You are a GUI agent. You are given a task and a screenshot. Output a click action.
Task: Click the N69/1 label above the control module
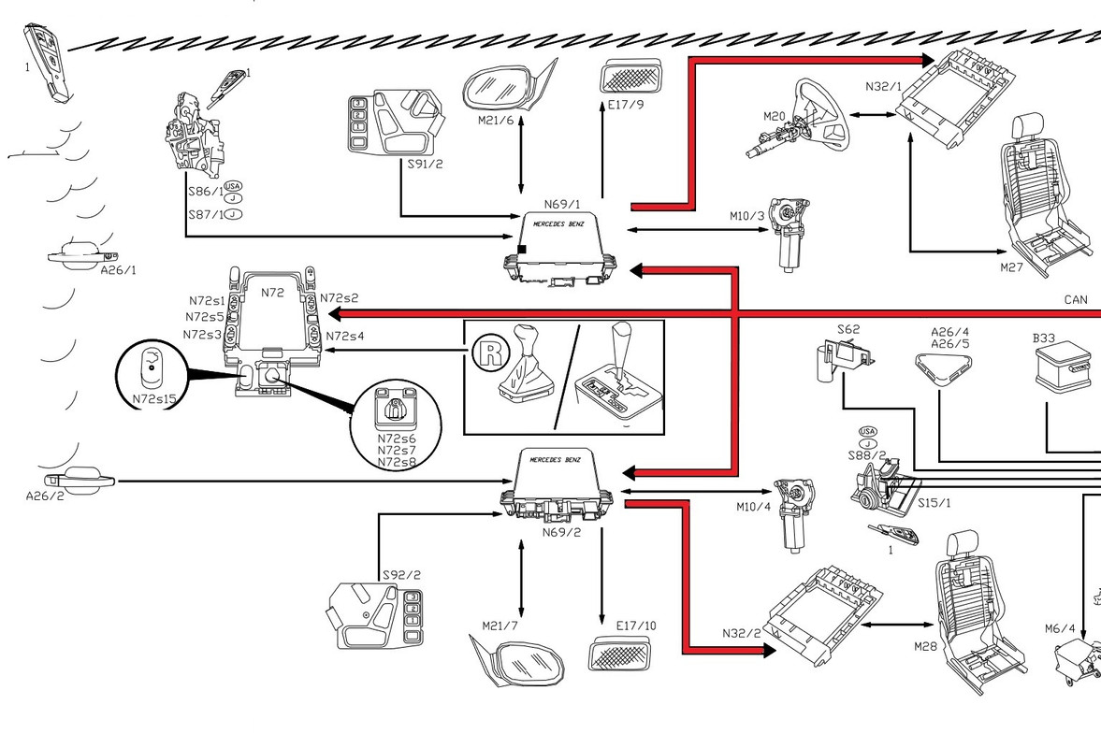[562, 204]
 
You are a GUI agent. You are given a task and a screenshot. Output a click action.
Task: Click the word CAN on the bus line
[1076, 300]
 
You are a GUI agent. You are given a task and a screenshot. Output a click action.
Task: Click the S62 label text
[848, 329]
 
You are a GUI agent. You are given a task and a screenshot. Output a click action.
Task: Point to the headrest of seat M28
[963, 547]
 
